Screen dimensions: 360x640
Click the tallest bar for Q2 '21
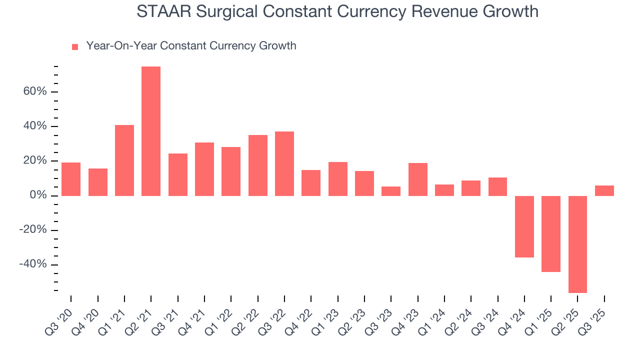(x=151, y=131)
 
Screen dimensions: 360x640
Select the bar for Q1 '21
(x=124, y=160)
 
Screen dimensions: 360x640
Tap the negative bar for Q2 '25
(x=577, y=244)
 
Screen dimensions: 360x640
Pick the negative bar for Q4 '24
(x=524, y=226)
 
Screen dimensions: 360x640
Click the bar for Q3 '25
(x=604, y=190)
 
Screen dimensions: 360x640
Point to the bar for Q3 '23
(x=391, y=191)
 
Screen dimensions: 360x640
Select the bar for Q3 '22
(x=284, y=163)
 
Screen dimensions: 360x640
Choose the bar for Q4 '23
(x=418, y=179)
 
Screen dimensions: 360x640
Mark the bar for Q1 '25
(x=551, y=233)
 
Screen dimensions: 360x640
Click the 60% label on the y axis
(x=34, y=91)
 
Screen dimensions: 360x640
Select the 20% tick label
(x=34, y=161)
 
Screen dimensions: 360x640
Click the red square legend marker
(x=75, y=46)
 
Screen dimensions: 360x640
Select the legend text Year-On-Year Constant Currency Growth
(x=191, y=46)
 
